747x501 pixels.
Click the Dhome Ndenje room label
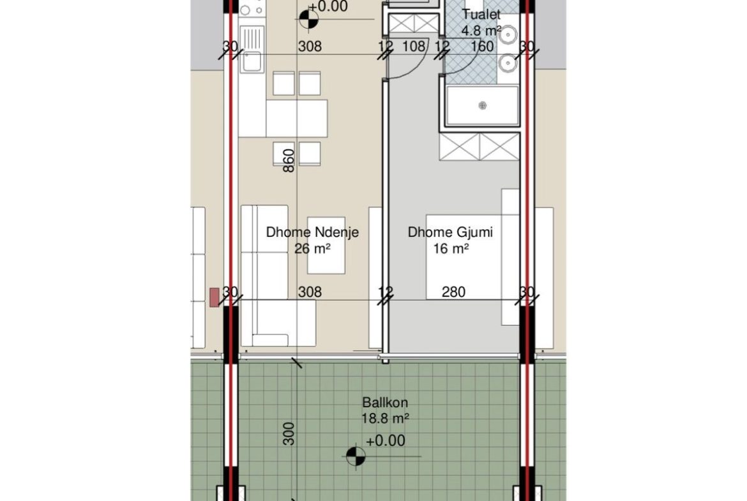[312, 232]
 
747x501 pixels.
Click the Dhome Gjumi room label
[450, 232]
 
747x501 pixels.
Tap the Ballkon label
[385, 403]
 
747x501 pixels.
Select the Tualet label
[481, 14]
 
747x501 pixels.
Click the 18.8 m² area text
[385, 419]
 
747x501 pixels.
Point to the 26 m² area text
[312, 248]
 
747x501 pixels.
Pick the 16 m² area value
[451, 248]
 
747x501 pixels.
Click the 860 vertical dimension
[289, 160]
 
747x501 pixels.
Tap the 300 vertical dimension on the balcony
[289, 434]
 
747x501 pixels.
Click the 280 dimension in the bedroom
[453, 292]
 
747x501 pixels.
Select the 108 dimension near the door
[414, 46]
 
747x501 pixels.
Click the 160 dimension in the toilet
[482, 46]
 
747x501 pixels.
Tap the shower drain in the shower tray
[483, 105]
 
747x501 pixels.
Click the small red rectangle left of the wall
[215, 297]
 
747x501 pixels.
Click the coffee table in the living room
[326, 245]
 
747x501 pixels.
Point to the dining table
[297, 119]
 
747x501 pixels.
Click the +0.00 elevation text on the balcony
[386, 440]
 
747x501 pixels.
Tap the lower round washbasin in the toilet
[508, 63]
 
